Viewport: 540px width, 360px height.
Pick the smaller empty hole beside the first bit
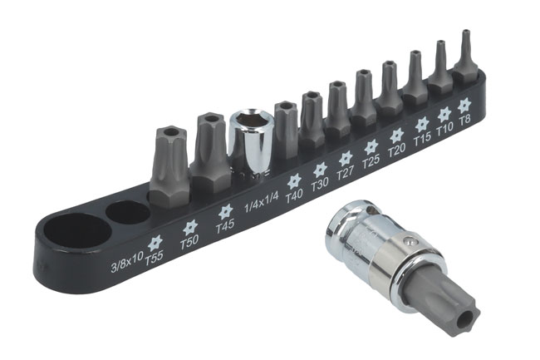click(128, 212)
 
